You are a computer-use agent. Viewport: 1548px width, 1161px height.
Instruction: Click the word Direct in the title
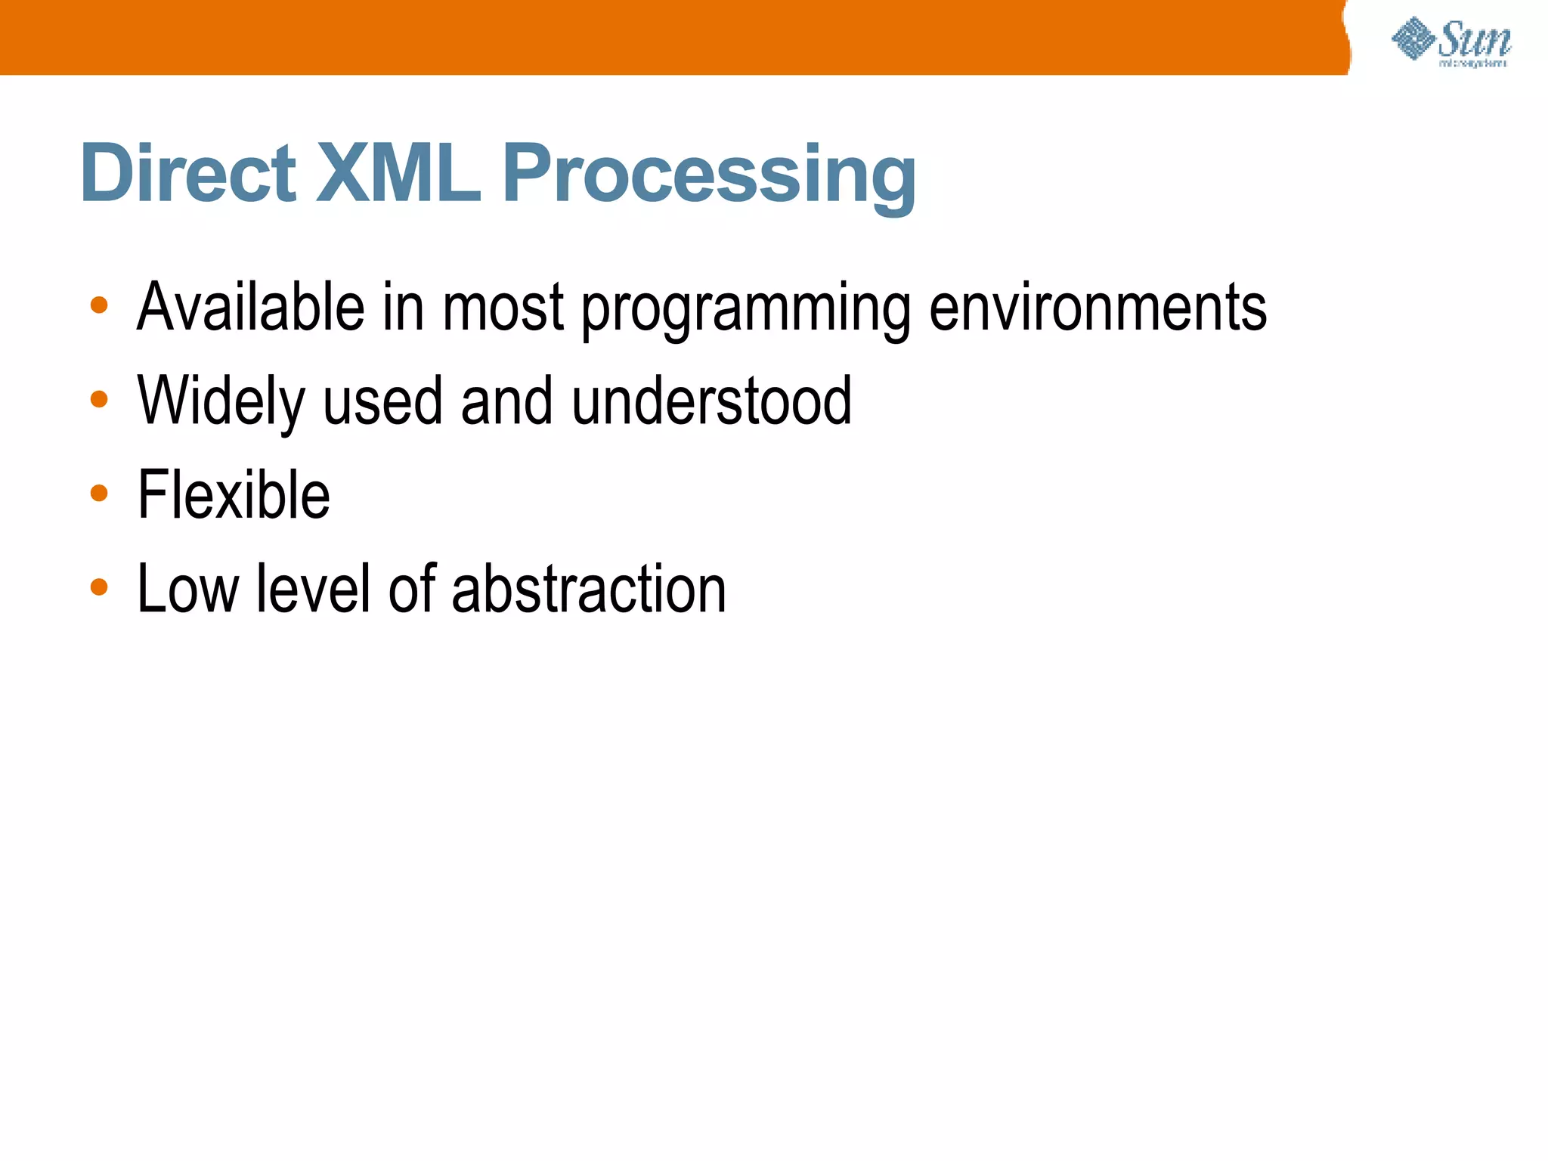[187, 173]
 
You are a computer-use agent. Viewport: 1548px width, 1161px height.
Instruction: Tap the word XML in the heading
[398, 173]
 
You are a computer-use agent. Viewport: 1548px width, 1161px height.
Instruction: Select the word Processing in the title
[708, 176]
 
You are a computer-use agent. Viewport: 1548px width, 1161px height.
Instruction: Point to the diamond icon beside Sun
[1413, 39]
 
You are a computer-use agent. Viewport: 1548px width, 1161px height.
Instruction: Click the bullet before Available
[99, 305]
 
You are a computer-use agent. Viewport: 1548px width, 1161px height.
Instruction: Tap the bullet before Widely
[99, 399]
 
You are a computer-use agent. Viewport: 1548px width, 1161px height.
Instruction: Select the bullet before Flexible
[99, 494]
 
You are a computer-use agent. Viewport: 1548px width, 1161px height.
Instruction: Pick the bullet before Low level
[99, 587]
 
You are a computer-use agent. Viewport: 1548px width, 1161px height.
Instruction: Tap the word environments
[1098, 307]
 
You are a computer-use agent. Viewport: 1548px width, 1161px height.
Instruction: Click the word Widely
[221, 402]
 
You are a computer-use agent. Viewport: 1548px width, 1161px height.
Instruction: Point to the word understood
[711, 401]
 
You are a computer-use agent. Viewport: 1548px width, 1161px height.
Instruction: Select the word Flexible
[234, 494]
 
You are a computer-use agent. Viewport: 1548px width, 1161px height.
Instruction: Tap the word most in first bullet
[503, 307]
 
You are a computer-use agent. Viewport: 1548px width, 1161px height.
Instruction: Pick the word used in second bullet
[382, 401]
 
